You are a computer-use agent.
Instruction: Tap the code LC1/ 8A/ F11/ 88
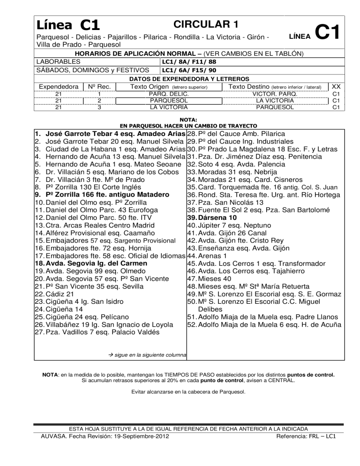188,61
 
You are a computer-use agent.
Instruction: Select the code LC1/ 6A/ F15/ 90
188,70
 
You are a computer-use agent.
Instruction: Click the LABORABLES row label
58,61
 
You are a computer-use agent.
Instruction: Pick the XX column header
336,87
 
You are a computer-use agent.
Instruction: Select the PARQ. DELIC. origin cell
168,94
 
